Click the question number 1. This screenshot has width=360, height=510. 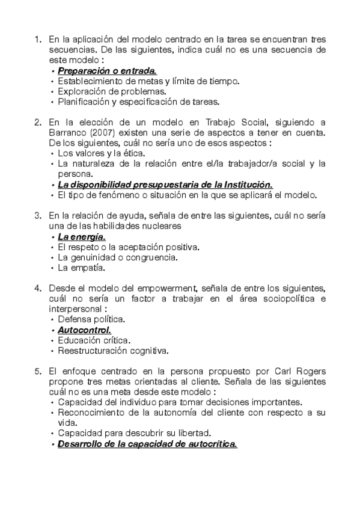pos(37,40)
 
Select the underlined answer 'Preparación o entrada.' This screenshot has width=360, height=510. pos(107,71)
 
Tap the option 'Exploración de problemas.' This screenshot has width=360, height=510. pos(112,91)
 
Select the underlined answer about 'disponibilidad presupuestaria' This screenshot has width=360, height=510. pos(165,184)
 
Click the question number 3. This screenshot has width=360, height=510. pos(37,215)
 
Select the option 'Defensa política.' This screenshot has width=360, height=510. pos(91,319)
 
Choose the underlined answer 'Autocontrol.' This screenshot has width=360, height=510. pos(84,330)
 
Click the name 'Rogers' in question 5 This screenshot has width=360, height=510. pos(310,371)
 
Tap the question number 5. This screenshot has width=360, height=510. pos(37,371)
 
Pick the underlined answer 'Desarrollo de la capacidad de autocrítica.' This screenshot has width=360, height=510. pos(147,444)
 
